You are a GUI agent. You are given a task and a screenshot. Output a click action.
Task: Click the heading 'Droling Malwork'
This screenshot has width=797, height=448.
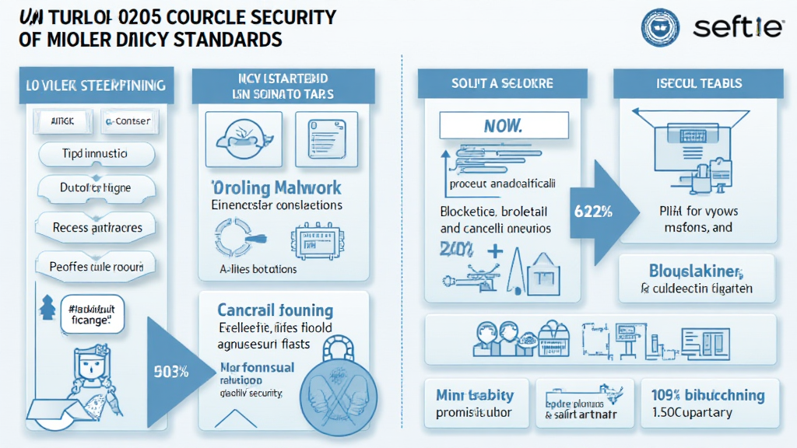pos(276,187)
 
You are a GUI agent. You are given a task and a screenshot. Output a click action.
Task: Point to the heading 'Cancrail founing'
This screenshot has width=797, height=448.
pos(275,311)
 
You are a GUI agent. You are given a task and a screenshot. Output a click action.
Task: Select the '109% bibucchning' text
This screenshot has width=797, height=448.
pos(708,395)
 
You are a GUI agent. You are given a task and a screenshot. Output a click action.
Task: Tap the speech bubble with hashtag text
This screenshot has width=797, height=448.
pos(88,315)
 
